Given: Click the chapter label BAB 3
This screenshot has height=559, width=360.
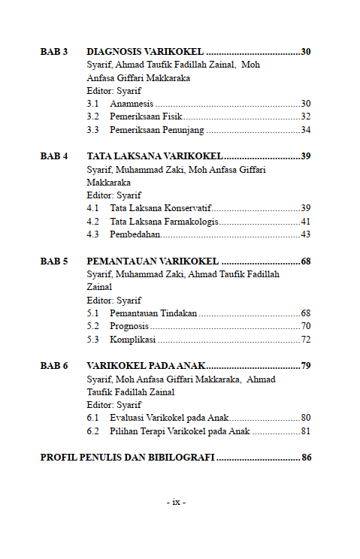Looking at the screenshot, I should tap(54, 52).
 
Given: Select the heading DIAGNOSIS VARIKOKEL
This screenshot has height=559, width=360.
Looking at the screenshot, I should tap(145, 52).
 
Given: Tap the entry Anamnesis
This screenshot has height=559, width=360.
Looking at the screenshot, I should tap(131, 104).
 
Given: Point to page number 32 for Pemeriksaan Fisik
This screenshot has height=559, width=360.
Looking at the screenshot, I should tap(305, 116).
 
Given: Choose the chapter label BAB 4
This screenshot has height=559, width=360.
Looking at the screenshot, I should tap(54, 156).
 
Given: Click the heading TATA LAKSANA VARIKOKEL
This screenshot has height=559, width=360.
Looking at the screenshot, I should tap(154, 156).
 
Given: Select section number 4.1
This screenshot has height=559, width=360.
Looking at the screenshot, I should tap(93, 208).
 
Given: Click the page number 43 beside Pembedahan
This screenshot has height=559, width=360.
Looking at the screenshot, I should tap(305, 234).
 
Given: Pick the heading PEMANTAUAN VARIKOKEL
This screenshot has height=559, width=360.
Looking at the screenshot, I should tap(153, 261).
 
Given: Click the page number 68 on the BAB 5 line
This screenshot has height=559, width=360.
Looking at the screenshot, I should tap(305, 261).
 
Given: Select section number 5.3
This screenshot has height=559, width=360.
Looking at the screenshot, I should tap(93, 340).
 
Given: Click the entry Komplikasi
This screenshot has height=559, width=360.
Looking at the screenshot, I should tap(132, 340).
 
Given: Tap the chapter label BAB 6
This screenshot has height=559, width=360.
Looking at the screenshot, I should tap(54, 366).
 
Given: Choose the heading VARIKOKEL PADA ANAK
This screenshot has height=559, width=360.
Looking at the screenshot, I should tap(145, 366).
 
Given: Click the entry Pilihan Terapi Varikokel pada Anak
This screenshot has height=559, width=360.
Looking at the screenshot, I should tap(180, 431).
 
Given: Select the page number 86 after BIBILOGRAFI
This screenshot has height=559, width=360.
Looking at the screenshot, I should tap(306, 458).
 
